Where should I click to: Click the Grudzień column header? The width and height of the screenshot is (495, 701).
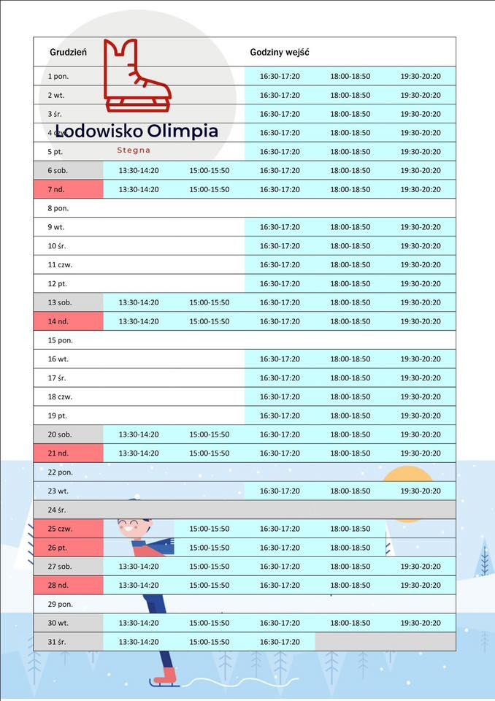click(x=68, y=53)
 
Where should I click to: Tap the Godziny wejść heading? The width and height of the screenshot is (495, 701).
click(x=280, y=53)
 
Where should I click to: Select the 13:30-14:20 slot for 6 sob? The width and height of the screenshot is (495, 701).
click(x=139, y=170)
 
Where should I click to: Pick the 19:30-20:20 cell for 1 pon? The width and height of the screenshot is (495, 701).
click(x=421, y=76)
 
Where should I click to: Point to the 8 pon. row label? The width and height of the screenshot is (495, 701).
click(x=58, y=208)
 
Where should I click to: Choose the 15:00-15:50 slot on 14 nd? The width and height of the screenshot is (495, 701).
click(x=209, y=321)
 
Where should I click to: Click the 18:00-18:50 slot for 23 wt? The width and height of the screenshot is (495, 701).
click(x=350, y=491)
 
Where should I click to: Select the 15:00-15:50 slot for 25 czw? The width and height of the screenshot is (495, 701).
click(x=209, y=529)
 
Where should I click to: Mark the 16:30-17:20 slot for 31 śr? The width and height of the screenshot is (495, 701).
click(x=280, y=642)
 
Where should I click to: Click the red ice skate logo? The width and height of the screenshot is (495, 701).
click(x=137, y=77)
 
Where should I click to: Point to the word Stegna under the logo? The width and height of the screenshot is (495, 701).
click(x=134, y=150)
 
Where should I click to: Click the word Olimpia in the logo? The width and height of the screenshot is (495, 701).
click(x=182, y=131)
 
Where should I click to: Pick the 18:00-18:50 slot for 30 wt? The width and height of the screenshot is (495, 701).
click(x=350, y=623)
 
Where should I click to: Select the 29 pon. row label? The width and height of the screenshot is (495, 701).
click(x=60, y=604)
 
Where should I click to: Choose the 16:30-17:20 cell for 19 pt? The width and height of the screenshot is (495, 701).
click(x=280, y=415)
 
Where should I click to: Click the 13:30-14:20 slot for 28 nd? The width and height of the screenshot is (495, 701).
click(x=139, y=585)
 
